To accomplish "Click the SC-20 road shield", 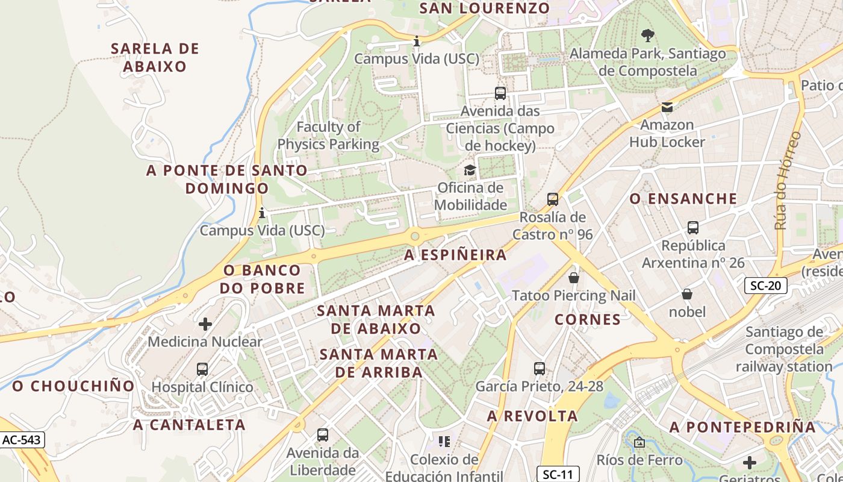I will pyautogui.click(x=765, y=286).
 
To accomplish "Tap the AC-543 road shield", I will pyautogui.click(x=22, y=440).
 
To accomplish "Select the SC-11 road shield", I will pyautogui.click(x=558, y=474).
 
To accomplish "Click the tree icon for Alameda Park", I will pyautogui.click(x=647, y=36).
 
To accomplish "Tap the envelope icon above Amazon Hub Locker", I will pyautogui.click(x=667, y=107).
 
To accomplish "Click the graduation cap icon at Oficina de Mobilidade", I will pyautogui.click(x=470, y=171).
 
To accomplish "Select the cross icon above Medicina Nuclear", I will pyautogui.click(x=205, y=324).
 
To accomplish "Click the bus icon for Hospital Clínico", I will pyautogui.click(x=202, y=369).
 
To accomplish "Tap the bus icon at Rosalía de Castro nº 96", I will pyautogui.click(x=552, y=199).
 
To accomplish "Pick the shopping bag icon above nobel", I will pyautogui.click(x=687, y=294).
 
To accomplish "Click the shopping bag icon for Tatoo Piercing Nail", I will pyautogui.click(x=574, y=278).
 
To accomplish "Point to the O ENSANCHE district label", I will pyautogui.click(x=683, y=199).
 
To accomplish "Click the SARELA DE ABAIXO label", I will pyautogui.click(x=155, y=57).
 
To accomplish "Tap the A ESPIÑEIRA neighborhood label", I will pyautogui.click(x=455, y=255).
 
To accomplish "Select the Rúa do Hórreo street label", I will pyautogui.click(x=788, y=181).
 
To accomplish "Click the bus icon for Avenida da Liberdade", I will pyautogui.click(x=323, y=435).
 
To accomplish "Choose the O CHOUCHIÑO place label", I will pyautogui.click(x=73, y=386).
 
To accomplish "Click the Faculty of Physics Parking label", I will pyautogui.click(x=328, y=136).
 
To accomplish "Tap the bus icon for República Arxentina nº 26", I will pyautogui.click(x=693, y=228).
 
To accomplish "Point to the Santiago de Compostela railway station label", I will pyautogui.click(x=784, y=349).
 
